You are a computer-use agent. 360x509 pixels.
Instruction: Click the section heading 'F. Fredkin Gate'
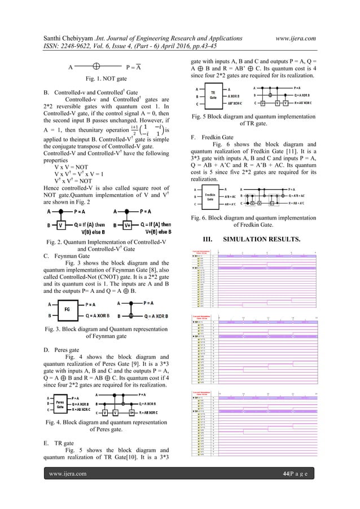pyautogui.click(x=212, y=137)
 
